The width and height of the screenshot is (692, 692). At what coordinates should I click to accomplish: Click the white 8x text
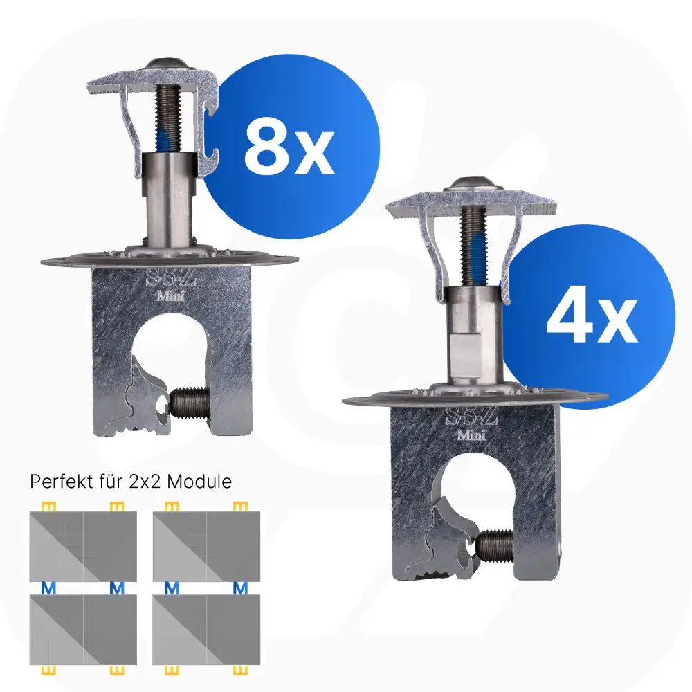point(289,147)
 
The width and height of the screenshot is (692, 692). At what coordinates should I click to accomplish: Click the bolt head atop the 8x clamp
point(169,64)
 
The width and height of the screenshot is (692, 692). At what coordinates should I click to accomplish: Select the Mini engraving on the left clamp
point(171,295)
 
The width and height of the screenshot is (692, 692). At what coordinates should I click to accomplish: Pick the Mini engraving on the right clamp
point(471,435)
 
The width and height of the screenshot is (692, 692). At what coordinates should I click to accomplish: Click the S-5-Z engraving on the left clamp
point(170,280)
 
